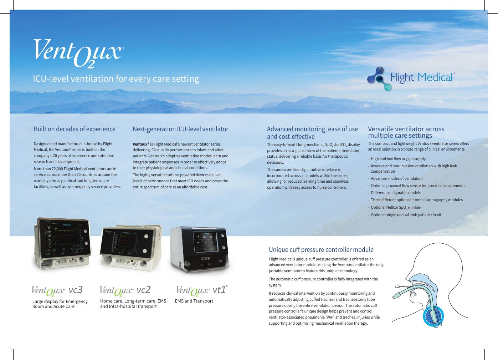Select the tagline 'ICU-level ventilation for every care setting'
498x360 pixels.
point(116,78)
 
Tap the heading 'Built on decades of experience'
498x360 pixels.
point(75,129)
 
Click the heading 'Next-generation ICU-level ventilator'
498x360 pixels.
point(180,129)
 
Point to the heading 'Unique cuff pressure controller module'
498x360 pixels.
point(321,249)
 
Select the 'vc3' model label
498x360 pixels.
point(76,289)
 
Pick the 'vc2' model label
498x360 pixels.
point(144,289)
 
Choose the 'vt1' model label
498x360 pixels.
point(219,290)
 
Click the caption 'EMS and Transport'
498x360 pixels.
point(194,301)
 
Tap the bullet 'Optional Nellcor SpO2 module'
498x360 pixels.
point(396,208)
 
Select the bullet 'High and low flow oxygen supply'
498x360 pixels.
point(398,159)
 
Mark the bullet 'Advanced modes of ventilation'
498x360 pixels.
point(396,178)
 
